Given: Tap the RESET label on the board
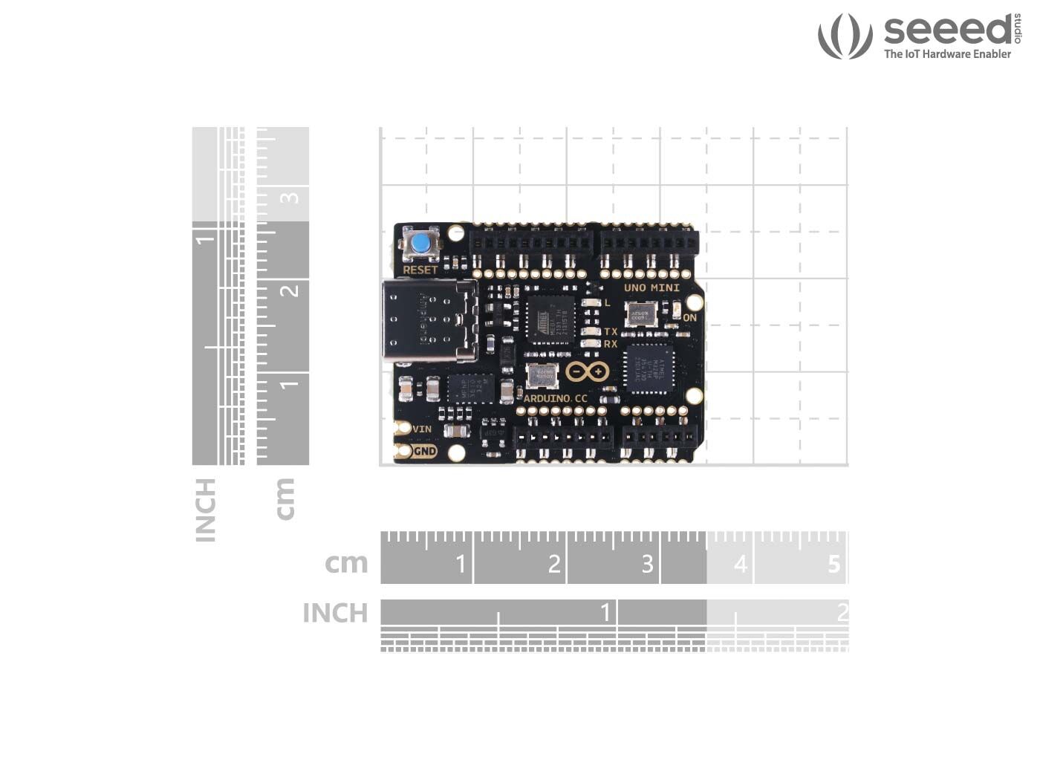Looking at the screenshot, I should (420, 270).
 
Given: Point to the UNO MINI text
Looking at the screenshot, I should (651, 287).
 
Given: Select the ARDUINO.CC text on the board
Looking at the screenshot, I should (556, 399).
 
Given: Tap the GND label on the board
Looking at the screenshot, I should (424, 451).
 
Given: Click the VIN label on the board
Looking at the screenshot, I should (422, 429).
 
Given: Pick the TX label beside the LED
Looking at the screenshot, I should (611, 331).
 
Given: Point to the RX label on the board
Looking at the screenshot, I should (611, 344).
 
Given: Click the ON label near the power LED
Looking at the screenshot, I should (689, 318).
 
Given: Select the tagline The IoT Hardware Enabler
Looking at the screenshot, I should (947, 54).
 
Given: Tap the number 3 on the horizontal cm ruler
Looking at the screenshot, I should (647, 565).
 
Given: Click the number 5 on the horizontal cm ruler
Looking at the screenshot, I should (833, 565).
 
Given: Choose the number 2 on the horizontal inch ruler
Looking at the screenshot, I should (842, 613).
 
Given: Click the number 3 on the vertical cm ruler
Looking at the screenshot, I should (290, 198).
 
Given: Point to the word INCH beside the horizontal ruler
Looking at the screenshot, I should (335, 614).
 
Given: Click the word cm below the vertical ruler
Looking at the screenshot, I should (285, 498).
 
